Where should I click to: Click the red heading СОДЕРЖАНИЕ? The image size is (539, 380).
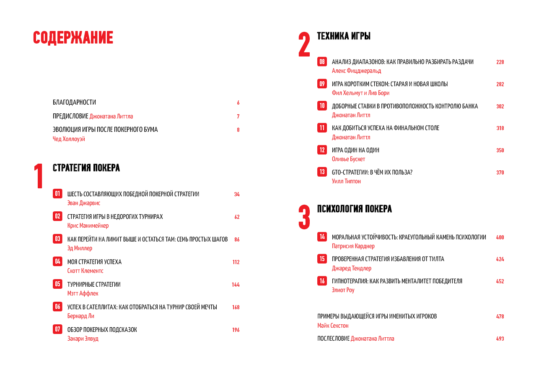pos(73,38)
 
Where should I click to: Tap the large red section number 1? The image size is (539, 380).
pos(39,176)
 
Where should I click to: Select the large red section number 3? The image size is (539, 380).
pos(304,217)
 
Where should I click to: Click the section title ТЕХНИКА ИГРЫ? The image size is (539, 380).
pos(344,36)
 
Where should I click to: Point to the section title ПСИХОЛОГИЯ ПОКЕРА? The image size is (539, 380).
pos(355,209)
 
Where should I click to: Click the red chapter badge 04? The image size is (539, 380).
pos(57,262)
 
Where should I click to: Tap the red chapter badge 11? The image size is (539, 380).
pos(322,128)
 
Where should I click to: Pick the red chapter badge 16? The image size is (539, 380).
pos(322,281)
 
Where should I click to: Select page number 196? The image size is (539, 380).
pos(236,330)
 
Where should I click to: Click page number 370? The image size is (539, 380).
pos(500,172)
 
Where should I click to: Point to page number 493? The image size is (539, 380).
pos(500,339)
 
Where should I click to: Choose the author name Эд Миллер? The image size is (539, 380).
pos(80,248)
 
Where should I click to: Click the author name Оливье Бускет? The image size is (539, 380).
pos(348,159)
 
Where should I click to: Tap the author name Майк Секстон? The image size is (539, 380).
pos(333,326)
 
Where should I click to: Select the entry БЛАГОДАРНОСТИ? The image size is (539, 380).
pos(74,102)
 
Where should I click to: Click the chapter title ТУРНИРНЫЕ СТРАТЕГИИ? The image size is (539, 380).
pos(94,285)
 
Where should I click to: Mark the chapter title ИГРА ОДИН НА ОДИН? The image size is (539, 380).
pos(355,150)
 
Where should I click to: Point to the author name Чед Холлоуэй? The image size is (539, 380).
pos(69,139)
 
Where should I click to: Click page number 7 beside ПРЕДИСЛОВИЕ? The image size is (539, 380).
pos(238,116)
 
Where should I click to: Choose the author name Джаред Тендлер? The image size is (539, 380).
pos(352,268)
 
